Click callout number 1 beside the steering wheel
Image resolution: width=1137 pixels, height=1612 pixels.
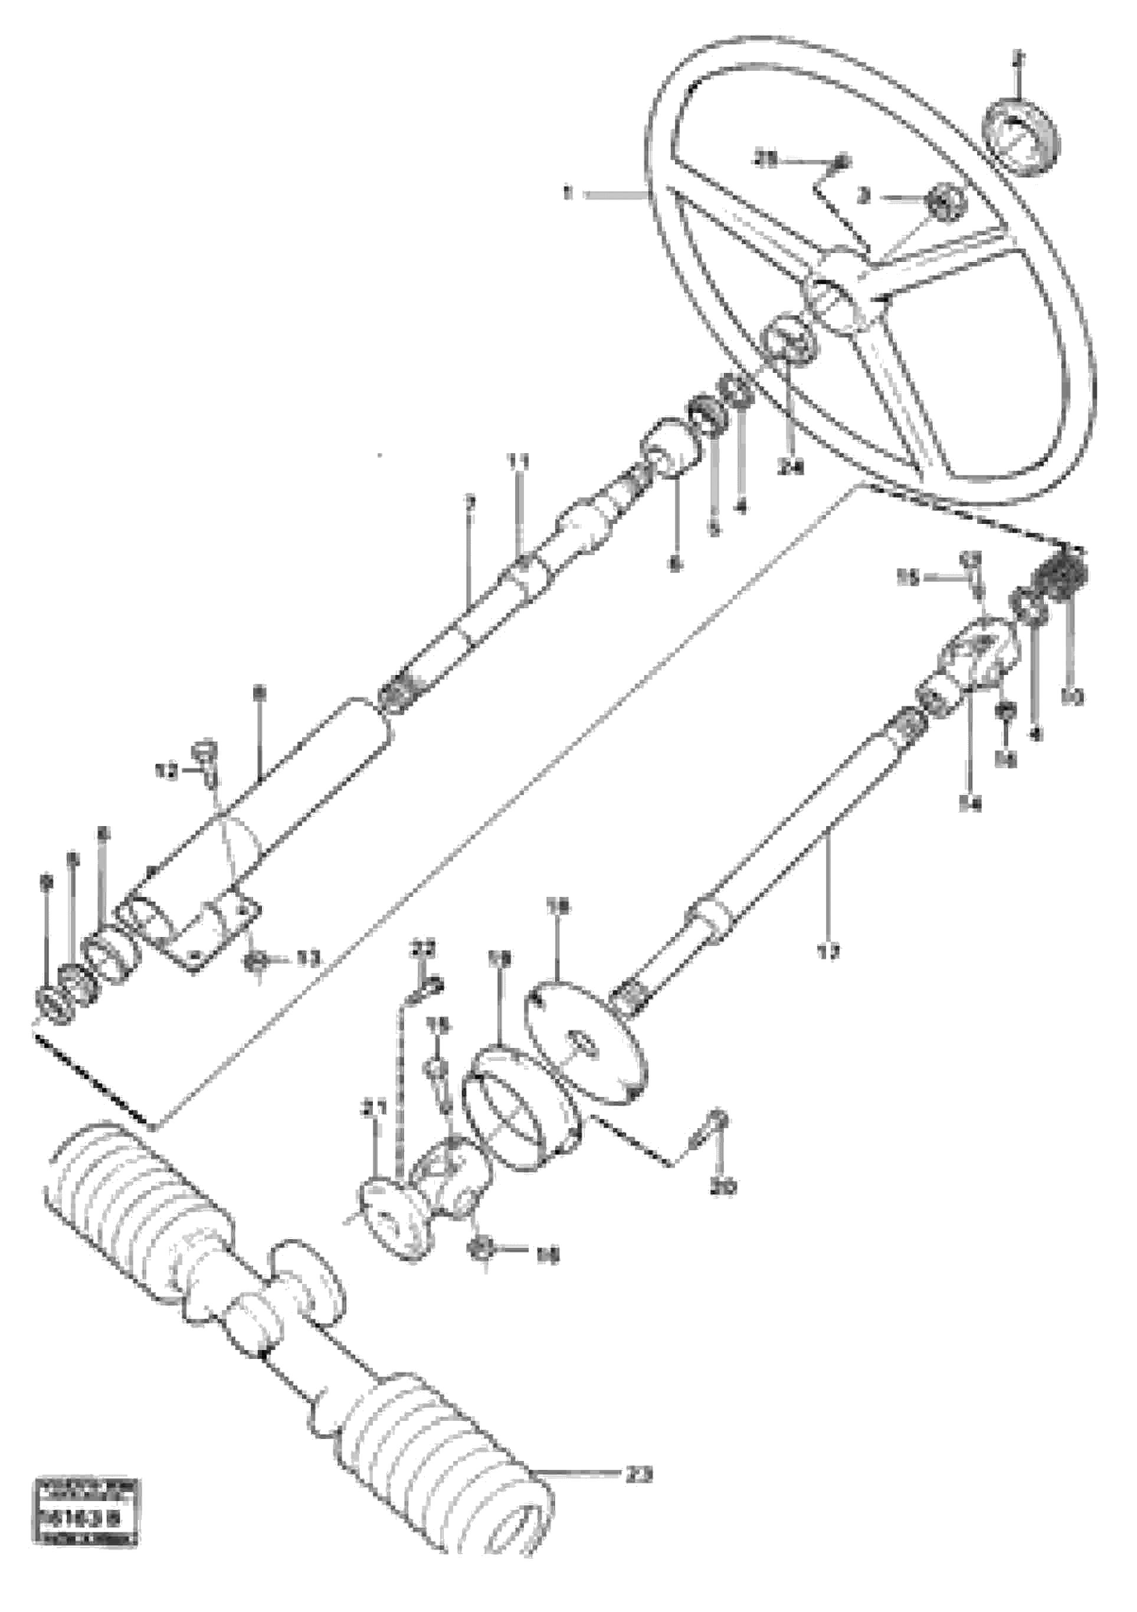click(x=568, y=192)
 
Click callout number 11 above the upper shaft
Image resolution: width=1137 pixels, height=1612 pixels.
click(x=520, y=462)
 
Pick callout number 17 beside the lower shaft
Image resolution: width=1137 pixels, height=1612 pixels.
click(x=828, y=954)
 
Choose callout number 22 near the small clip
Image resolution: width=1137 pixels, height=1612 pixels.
click(x=424, y=949)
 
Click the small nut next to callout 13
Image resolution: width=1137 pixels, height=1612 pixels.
click(x=255, y=959)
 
